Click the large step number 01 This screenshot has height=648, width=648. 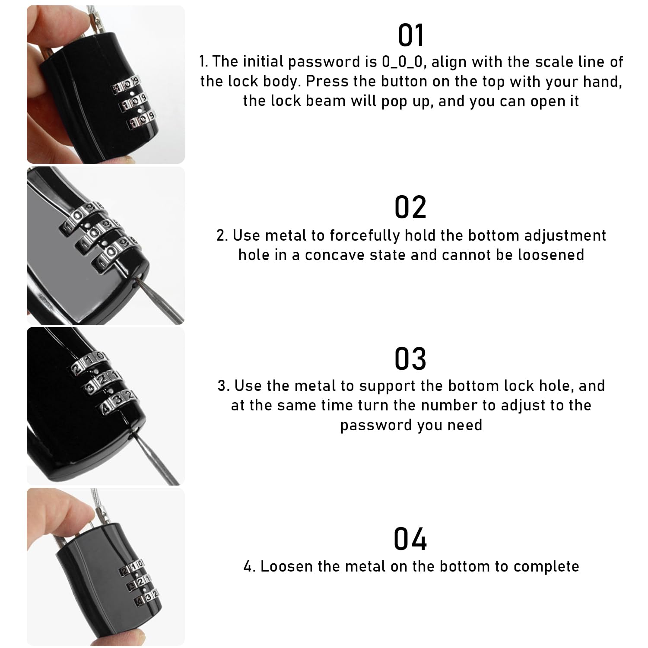click(411, 35)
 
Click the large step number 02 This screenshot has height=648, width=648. click(410, 207)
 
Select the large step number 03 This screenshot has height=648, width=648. click(410, 359)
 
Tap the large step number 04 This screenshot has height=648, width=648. click(410, 539)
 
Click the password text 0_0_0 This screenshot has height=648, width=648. click(402, 62)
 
